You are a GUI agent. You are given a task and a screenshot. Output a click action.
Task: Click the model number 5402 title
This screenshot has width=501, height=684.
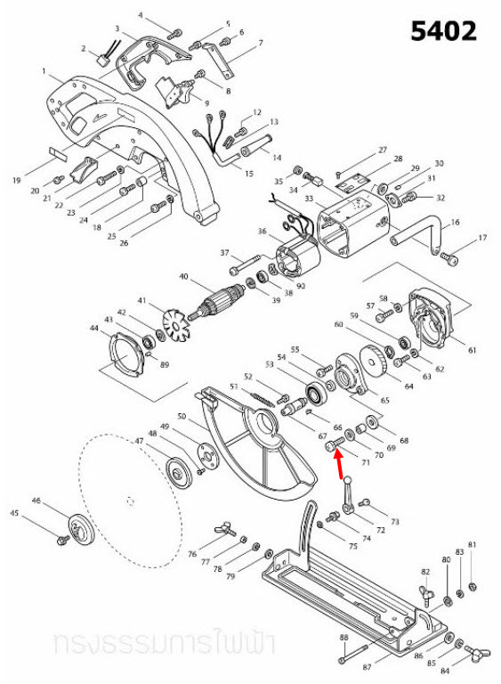tap(443, 31)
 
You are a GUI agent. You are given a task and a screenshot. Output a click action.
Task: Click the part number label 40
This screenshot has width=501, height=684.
tap(184, 277)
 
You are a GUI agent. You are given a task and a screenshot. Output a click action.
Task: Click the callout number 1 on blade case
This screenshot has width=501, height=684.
tap(43, 70)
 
